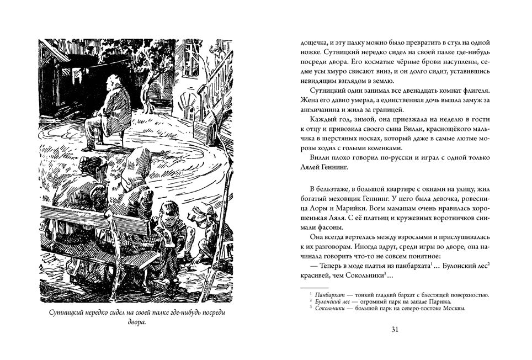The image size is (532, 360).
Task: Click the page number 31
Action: pyautogui.click(x=394, y=330)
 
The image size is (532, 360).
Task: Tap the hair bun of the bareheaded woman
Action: pyautogui.click(x=88, y=163)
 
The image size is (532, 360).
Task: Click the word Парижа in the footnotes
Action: pyautogui.click(x=437, y=302)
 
